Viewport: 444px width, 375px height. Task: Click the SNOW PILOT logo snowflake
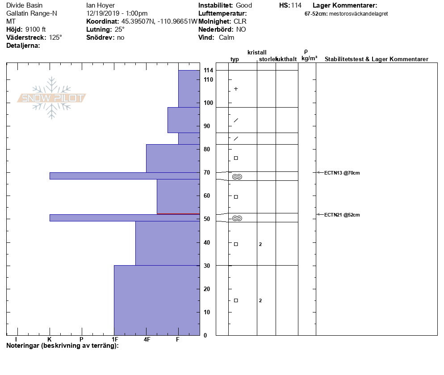pyautogui.click(x=52, y=98)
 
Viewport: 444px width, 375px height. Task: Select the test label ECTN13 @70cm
pyautogui.click(x=342, y=173)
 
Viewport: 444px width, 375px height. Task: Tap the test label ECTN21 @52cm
pyautogui.click(x=342, y=215)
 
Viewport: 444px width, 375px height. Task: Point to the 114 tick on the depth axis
pyautogui.click(x=208, y=71)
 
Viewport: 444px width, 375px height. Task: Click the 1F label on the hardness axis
pyautogui.click(x=115, y=340)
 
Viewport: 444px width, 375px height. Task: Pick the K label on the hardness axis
pyautogui.click(x=50, y=340)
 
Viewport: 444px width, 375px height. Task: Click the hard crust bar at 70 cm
pyautogui.click(x=125, y=176)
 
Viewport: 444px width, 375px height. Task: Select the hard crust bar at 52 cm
pyautogui.click(x=125, y=218)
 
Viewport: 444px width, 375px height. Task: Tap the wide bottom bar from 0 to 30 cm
pyautogui.click(x=157, y=300)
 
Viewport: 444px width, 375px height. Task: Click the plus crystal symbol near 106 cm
pyautogui.click(x=236, y=89)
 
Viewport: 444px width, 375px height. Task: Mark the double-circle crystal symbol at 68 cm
pyautogui.click(x=237, y=177)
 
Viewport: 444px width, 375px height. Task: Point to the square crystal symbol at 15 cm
pyautogui.click(x=236, y=300)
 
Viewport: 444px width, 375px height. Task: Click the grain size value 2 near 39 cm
pyautogui.click(x=260, y=244)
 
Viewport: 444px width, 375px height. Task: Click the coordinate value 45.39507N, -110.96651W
pyautogui.click(x=159, y=21)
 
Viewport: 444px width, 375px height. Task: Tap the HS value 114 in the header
pyautogui.click(x=296, y=5)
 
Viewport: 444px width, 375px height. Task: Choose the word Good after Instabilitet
pyautogui.click(x=244, y=5)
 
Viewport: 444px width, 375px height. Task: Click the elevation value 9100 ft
pyautogui.click(x=36, y=29)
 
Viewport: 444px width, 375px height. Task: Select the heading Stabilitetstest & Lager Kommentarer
pyautogui.click(x=377, y=59)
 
